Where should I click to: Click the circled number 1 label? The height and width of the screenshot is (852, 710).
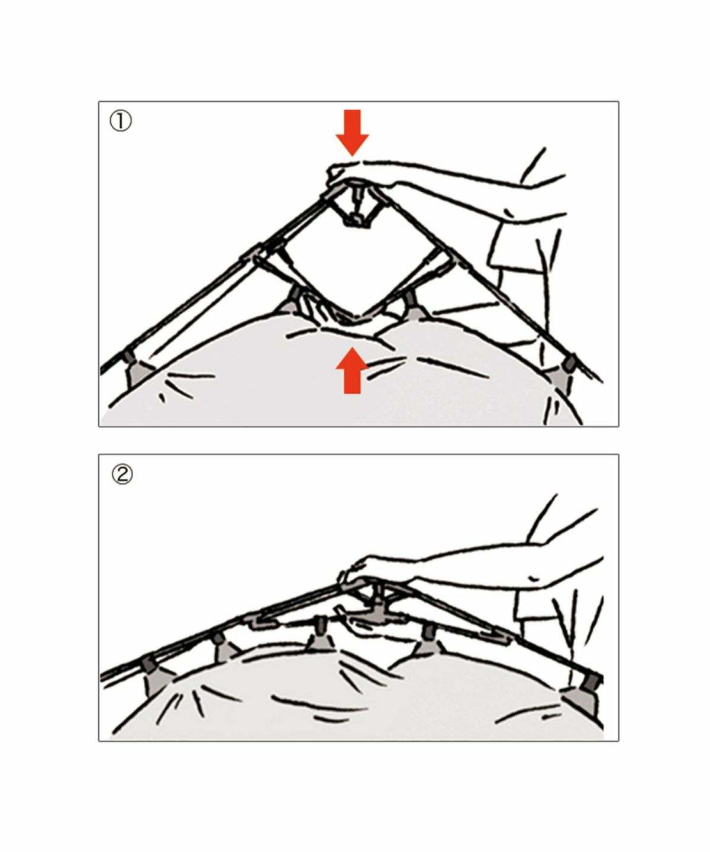pyautogui.click(x=121, y=122)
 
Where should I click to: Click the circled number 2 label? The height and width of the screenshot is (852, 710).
pyautogui.click(x=122, y=475)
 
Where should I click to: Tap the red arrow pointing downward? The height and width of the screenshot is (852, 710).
pyautogui.click(x=353, y=133)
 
